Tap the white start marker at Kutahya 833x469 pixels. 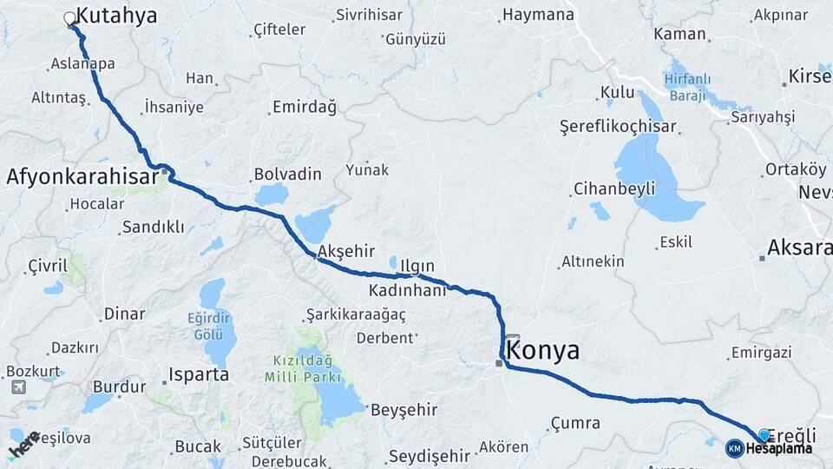tap(69, 17)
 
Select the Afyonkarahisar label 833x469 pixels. tap(82, 176)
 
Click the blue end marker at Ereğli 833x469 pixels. tap(764, 434)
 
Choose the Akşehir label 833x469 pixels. tap(346, 251)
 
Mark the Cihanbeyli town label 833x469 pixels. tap(613, 188)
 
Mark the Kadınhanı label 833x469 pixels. tap(407, 289)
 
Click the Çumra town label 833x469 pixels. tap(574, 423)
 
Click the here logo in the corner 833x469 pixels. tap(23, 444)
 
